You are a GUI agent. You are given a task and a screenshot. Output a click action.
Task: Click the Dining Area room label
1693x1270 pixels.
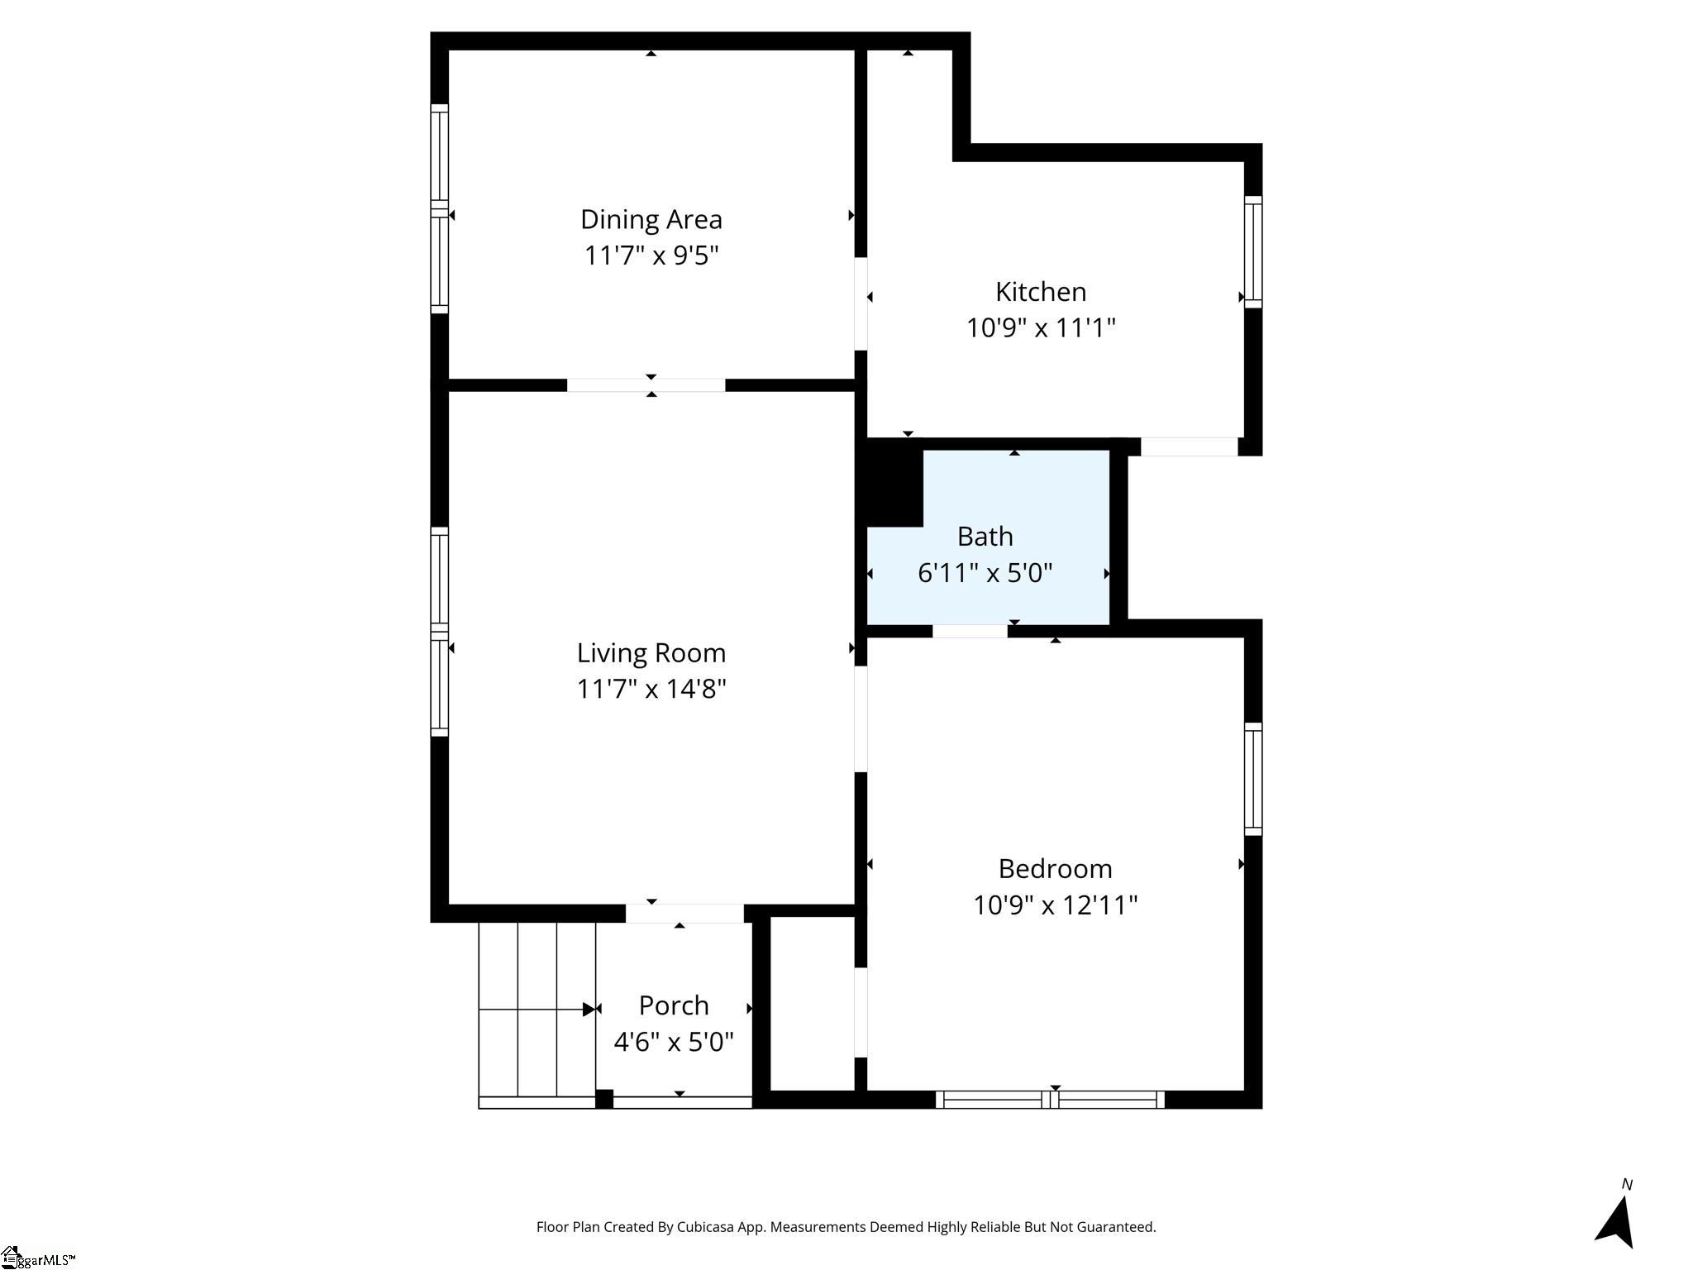651,219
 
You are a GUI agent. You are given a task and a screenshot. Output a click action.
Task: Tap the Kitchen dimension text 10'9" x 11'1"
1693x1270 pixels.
1041,327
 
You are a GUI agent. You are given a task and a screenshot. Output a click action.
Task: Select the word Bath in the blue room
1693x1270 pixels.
985,537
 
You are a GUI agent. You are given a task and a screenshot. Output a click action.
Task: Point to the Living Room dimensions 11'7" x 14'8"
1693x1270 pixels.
651,689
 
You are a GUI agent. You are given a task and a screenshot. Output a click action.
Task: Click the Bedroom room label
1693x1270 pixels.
1055,869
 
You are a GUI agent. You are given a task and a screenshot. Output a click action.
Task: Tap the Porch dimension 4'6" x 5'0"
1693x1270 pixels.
674,1042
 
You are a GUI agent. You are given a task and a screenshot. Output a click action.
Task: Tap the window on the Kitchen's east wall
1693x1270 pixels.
1253,252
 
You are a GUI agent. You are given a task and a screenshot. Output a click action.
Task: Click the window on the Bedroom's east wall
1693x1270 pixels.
1253,779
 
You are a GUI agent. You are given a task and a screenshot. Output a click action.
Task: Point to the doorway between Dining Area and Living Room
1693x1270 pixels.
646,385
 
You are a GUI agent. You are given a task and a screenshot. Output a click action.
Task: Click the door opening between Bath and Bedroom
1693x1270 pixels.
970,631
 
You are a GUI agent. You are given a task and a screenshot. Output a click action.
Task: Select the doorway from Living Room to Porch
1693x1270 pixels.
684,913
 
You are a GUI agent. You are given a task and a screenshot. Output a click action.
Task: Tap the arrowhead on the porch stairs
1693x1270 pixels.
589,1010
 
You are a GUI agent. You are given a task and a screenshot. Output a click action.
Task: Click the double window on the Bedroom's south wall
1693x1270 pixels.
1050,1100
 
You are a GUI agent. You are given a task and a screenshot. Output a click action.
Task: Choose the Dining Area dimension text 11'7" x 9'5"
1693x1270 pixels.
651,255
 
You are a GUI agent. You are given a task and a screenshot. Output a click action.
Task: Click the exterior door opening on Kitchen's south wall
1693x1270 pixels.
1189,446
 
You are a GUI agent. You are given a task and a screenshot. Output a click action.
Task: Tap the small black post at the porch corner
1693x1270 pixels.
604,1099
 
